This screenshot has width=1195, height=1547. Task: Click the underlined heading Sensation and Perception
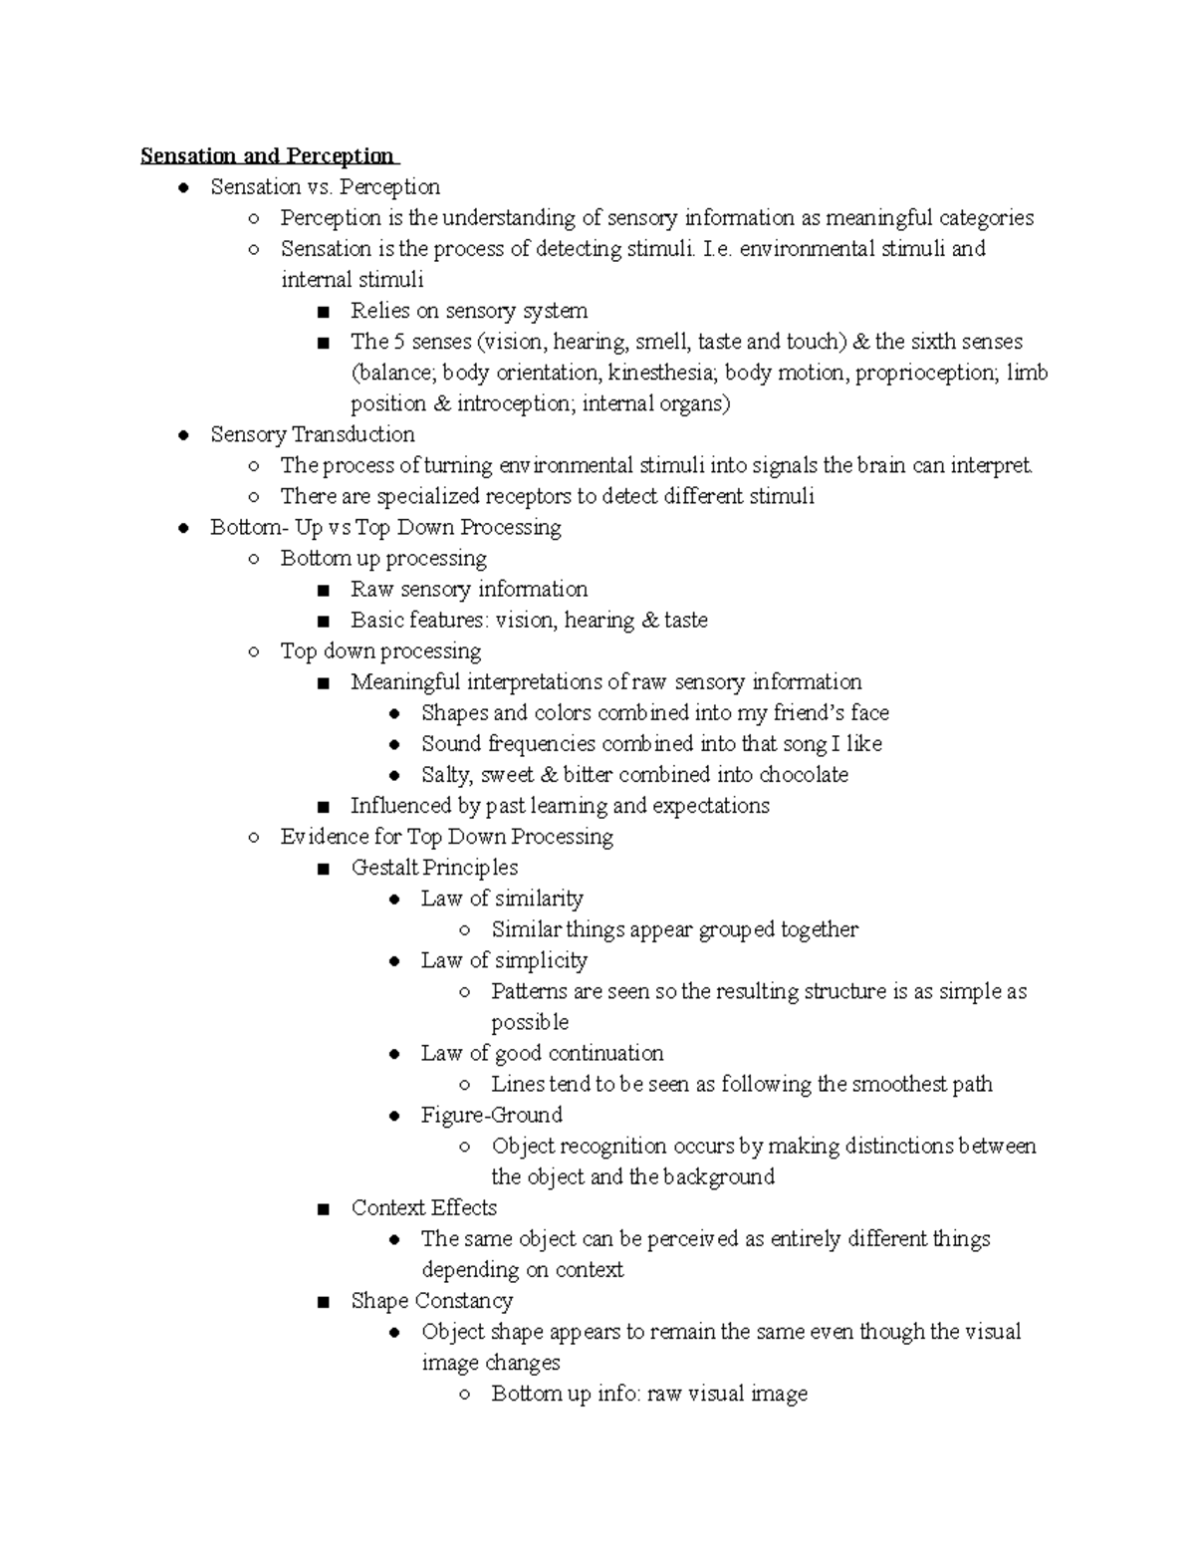point(268,156)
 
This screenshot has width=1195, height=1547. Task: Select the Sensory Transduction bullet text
point(313,434)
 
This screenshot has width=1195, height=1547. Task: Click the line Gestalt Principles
point(434,868)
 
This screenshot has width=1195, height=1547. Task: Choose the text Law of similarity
point(502,899)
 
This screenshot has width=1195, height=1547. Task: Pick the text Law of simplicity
point(504,960)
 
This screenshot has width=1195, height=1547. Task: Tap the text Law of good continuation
point(542,1053)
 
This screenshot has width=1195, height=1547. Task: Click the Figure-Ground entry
point(491,1115)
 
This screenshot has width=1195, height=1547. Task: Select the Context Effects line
point(423,1208)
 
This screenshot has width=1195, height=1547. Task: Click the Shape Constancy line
point(431,1301)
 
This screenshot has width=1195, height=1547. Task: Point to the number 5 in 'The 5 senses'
point(398,342)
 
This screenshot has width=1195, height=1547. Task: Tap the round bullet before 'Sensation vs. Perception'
point(182,188)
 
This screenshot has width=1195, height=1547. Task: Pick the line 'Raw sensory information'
point(469,589)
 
